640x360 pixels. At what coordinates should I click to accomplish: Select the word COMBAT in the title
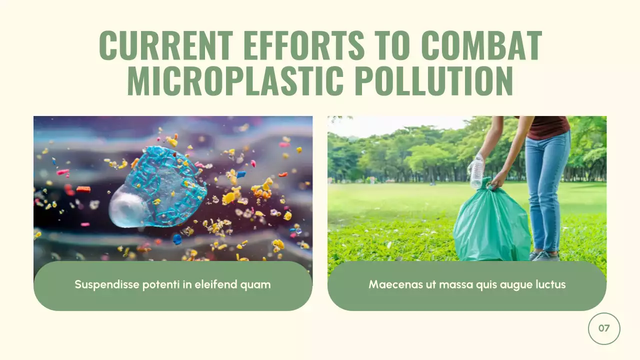coord(481,46)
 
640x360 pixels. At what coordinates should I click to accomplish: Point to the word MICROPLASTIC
coord(235,81)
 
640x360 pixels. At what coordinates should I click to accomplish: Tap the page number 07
coord(604,328)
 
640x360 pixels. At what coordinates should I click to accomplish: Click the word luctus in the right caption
coord(549,284)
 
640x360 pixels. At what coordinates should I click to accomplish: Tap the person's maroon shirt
coord(549,127)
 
